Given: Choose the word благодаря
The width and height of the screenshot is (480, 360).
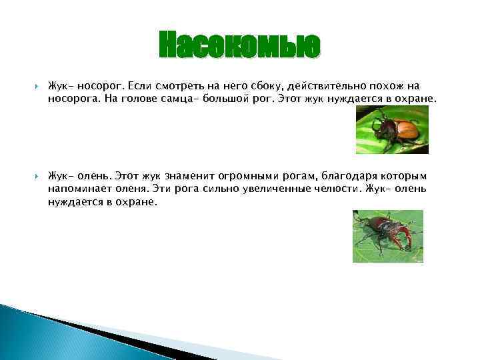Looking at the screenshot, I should coord(351,177).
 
